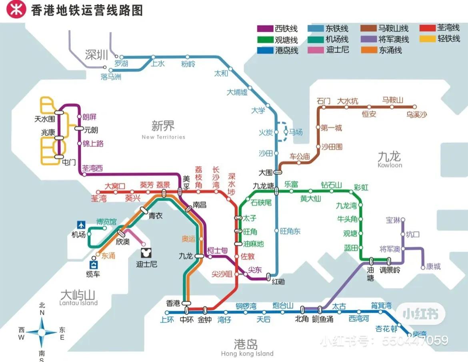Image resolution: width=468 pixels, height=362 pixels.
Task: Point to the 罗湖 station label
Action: (x=121, y=64)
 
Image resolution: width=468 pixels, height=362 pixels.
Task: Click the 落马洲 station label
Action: (x=111, y=77)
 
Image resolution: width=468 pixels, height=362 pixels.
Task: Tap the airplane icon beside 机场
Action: (x=82, y=225)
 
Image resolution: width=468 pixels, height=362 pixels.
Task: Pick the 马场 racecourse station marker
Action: (x=286, y=132)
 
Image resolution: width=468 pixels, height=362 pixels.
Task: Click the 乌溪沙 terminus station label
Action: (x=416, y=115)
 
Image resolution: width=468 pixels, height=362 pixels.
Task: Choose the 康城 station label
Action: (x=433, y=267)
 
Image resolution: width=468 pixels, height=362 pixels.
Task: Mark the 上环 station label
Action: (x=167, y=320)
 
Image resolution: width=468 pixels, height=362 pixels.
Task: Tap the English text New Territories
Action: (x=163, y=137)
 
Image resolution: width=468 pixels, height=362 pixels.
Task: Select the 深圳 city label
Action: (x=97, y=55)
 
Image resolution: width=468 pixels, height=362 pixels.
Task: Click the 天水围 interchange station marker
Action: (x=59, y=113)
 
